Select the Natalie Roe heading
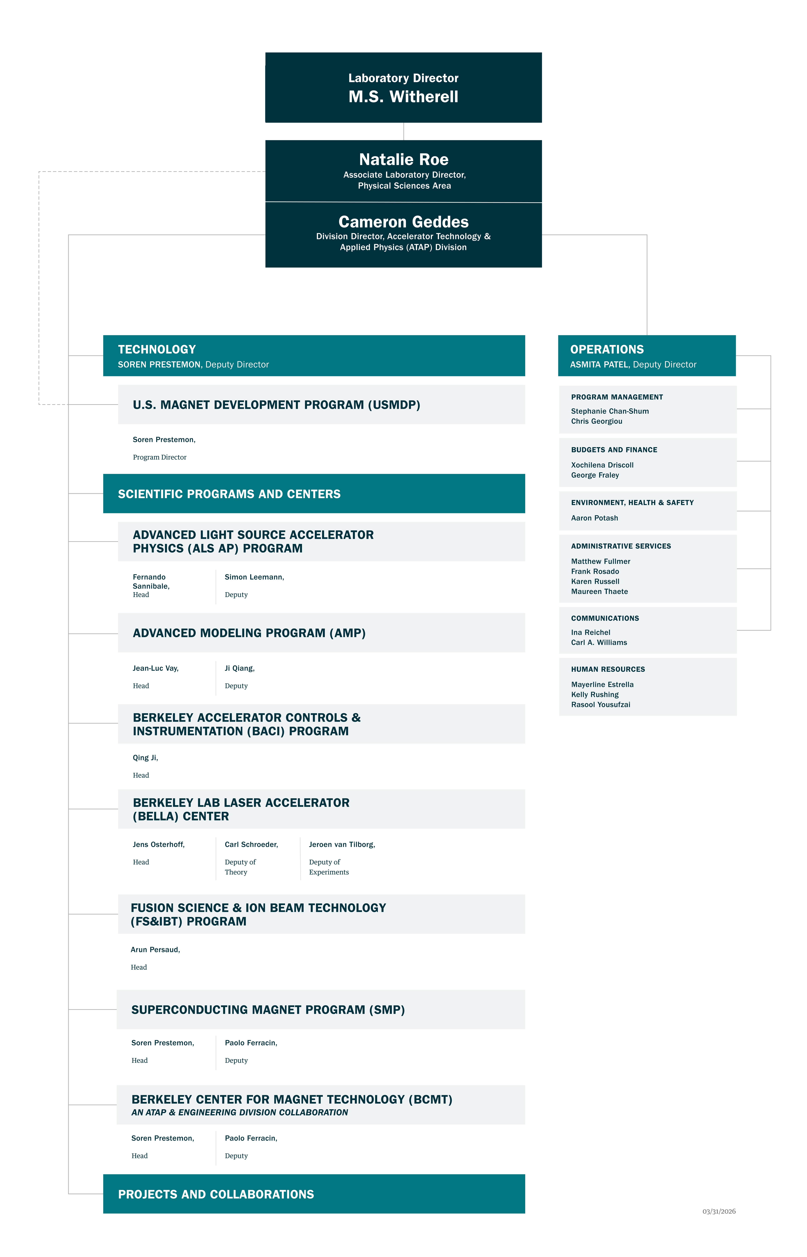404,159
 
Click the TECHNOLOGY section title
157,349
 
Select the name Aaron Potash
594,518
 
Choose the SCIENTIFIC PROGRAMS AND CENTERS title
229,494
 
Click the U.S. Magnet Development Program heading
276,405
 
